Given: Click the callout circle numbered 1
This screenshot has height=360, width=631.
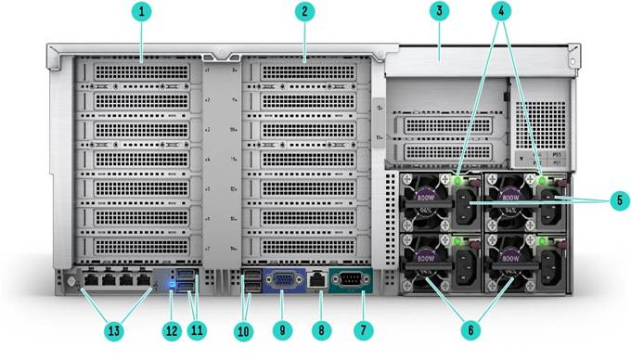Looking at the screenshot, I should [141, 12].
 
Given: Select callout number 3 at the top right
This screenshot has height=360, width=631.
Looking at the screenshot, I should [440, 12].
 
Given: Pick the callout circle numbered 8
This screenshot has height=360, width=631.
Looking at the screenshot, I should [320, 328].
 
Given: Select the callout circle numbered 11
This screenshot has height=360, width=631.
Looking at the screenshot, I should [196, 328].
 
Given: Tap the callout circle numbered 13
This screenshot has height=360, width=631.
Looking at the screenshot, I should [113, 328].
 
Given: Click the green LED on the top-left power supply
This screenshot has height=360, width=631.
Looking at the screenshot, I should [458, 179].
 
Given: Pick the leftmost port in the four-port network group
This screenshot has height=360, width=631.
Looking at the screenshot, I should [93, 278].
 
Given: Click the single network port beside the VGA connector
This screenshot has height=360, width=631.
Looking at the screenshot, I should [315, 278].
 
